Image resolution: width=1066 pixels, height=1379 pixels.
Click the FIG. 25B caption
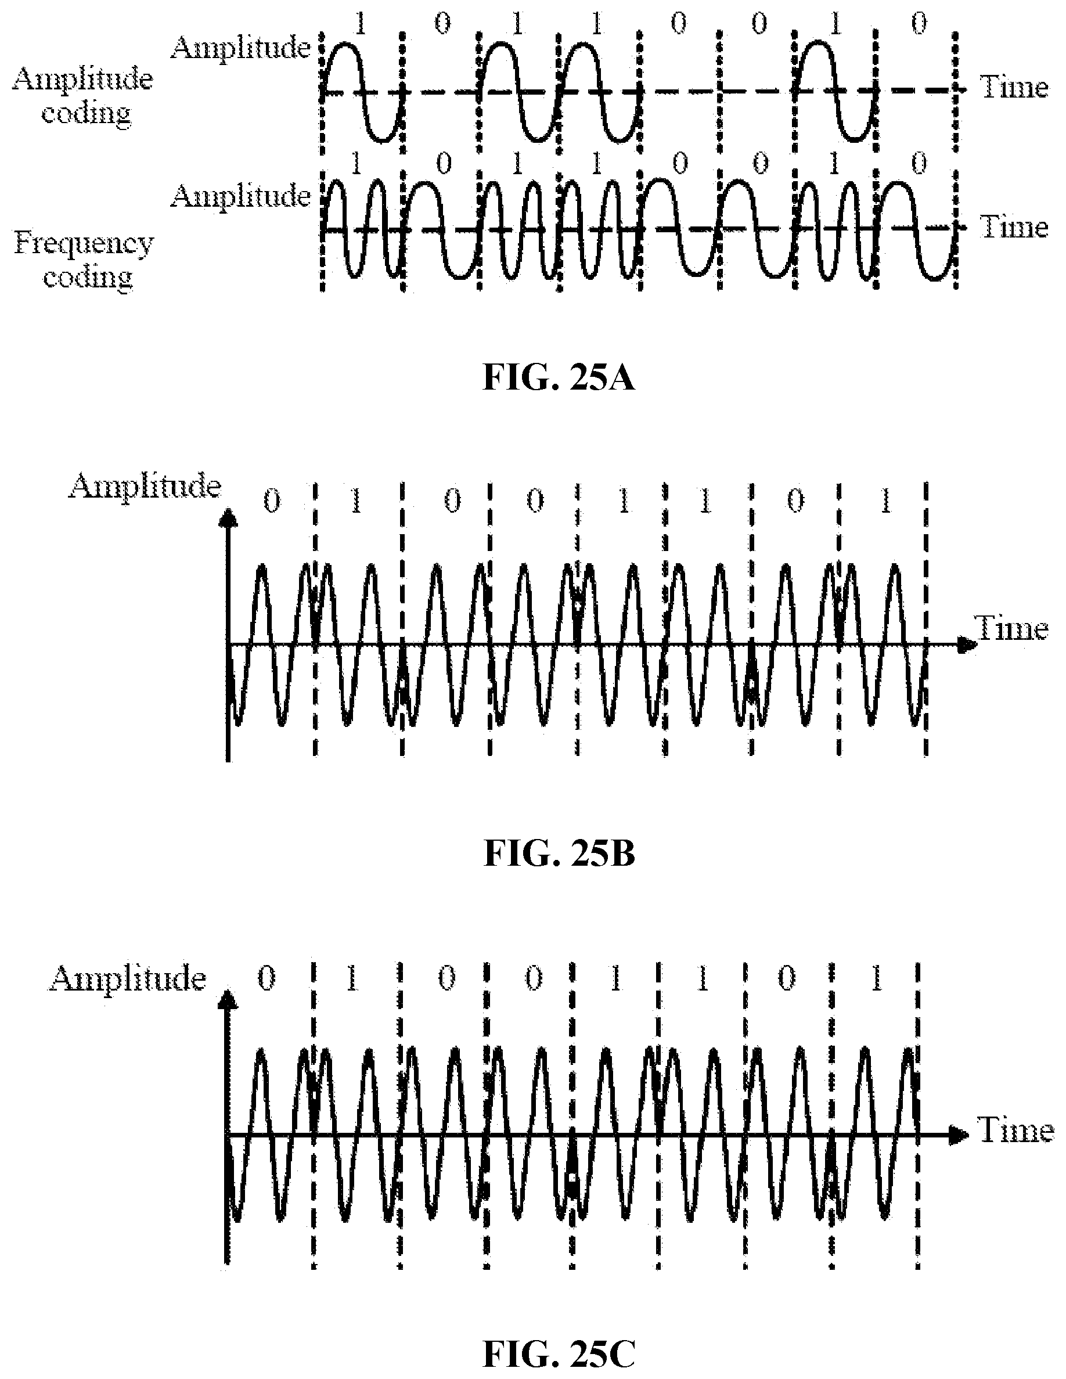point(559,854)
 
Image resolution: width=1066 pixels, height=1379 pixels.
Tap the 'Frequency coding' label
point(85,260)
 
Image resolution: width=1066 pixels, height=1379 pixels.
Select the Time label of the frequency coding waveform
point(1014,226)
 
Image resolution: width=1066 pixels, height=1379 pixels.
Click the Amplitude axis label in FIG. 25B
point(145,487)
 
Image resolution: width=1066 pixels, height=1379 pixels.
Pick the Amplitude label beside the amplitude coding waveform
point(240,48)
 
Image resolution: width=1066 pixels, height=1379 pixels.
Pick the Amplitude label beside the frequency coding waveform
point(240,196)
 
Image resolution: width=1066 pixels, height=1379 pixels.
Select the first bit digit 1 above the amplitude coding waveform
point(361,24)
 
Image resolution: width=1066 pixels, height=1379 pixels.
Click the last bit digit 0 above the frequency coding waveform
point(920,165)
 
